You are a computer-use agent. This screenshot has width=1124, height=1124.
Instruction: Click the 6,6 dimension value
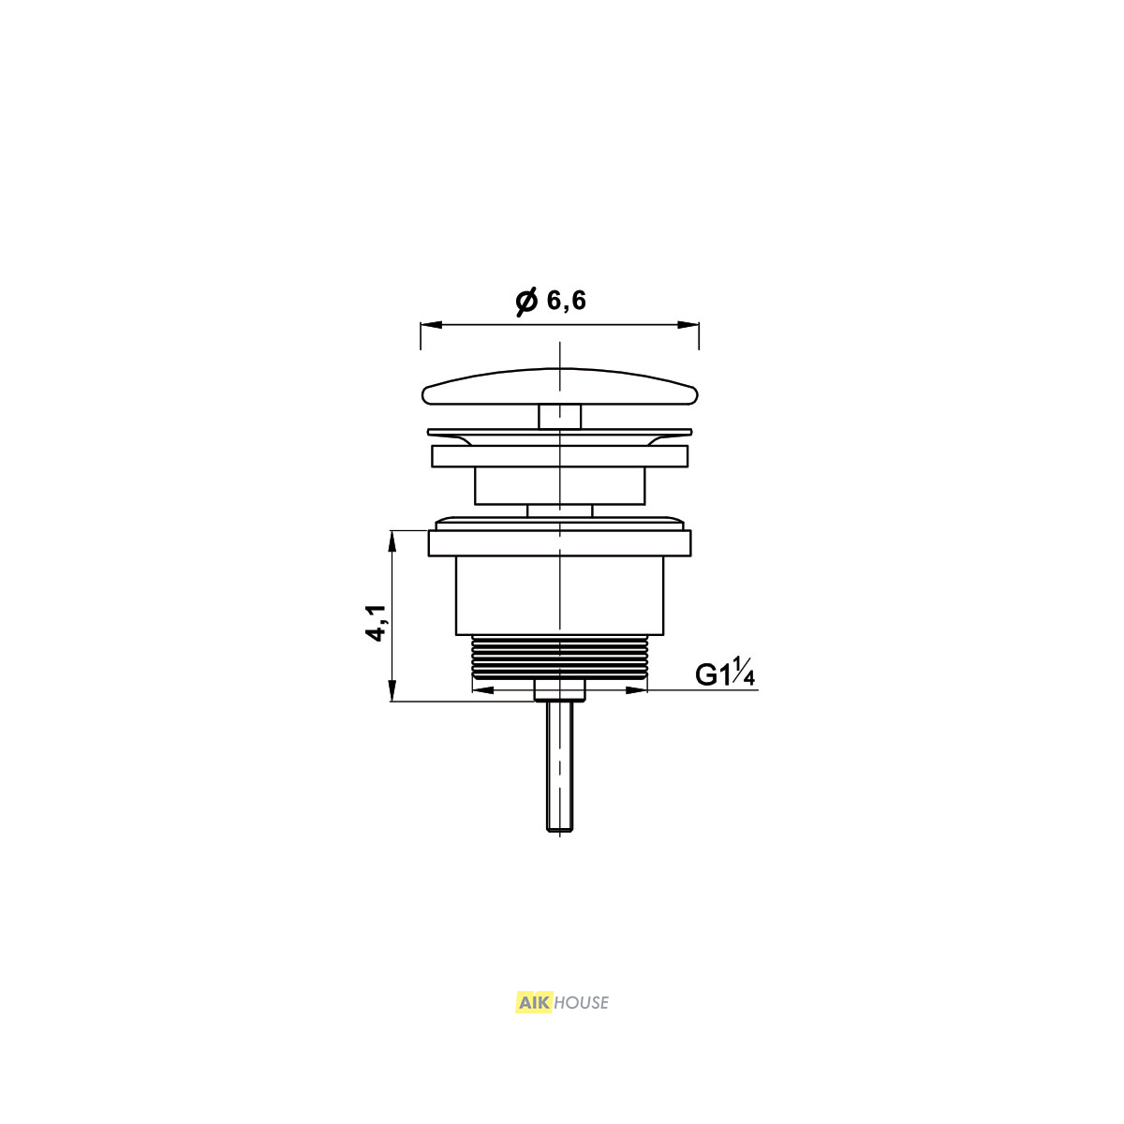pos(566,302)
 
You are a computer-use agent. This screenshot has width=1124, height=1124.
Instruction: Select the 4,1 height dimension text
pos(378,623)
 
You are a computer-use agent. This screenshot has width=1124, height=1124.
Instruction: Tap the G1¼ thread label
pos(725,673)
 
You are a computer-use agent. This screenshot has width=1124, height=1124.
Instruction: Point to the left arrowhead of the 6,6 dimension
pos(431,325)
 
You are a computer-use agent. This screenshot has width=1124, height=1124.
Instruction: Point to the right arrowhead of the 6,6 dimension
pos(688,325)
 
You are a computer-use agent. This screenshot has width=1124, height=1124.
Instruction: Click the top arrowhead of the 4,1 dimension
pos(392,540)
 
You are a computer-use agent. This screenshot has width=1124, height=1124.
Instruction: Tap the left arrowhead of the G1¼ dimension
pos(483,690)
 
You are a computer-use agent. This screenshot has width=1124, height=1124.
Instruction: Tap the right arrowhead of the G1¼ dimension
pos(636,690)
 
